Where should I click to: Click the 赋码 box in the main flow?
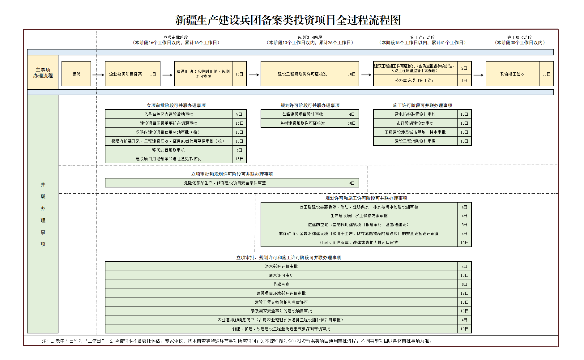click(76, 74)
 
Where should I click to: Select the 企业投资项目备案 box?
click(126, 74)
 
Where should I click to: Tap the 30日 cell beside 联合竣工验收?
click(546, 74)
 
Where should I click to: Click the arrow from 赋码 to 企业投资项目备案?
click(98, 75)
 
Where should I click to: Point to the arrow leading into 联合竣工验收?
click(478, 75)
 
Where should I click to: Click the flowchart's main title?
click(288, 20)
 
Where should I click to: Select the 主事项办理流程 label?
click(43, 73)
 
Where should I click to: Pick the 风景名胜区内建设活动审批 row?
click(169, 114)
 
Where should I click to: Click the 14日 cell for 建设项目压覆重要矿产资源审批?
click(239, 123)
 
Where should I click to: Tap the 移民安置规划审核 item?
click(169, 150)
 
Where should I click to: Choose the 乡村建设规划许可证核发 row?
click(303, 123)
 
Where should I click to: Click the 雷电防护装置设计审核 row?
click(415, 114)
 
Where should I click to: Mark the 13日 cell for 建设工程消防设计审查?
click(464, 141)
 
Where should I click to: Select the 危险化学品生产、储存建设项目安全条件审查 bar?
click(225, 183)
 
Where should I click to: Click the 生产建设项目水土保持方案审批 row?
click(359, 216)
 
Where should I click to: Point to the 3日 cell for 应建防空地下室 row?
click(464, 225)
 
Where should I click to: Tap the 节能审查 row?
click(281, 284)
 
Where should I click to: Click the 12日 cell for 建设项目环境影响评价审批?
click(464, 293)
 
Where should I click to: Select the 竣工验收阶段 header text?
click(519, 37)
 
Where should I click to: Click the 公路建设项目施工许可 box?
click(415, 80)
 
